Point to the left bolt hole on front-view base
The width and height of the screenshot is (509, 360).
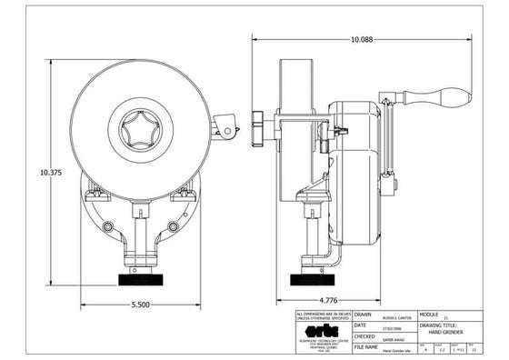click(109, 224)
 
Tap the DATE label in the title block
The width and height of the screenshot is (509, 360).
click(361, 325)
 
